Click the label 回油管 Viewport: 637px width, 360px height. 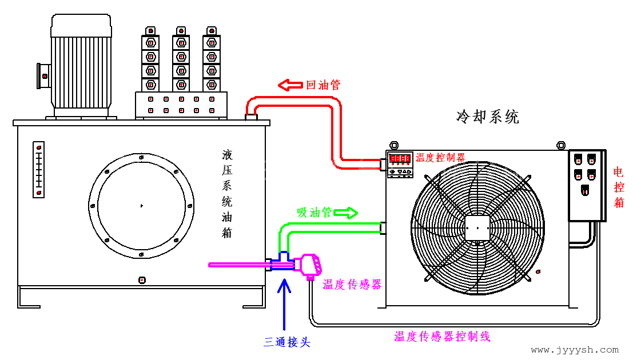323,85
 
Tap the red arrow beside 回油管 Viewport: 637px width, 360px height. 290,85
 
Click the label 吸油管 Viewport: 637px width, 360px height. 314,213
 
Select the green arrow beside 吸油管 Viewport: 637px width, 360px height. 346,213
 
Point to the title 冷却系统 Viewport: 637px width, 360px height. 488,117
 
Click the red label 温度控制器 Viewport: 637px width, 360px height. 440,158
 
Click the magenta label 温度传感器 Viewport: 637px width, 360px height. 352,285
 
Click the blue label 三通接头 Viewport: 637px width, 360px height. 287,342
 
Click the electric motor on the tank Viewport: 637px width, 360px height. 80,66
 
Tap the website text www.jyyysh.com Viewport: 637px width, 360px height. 575,350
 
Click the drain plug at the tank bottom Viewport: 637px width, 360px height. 142,280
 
